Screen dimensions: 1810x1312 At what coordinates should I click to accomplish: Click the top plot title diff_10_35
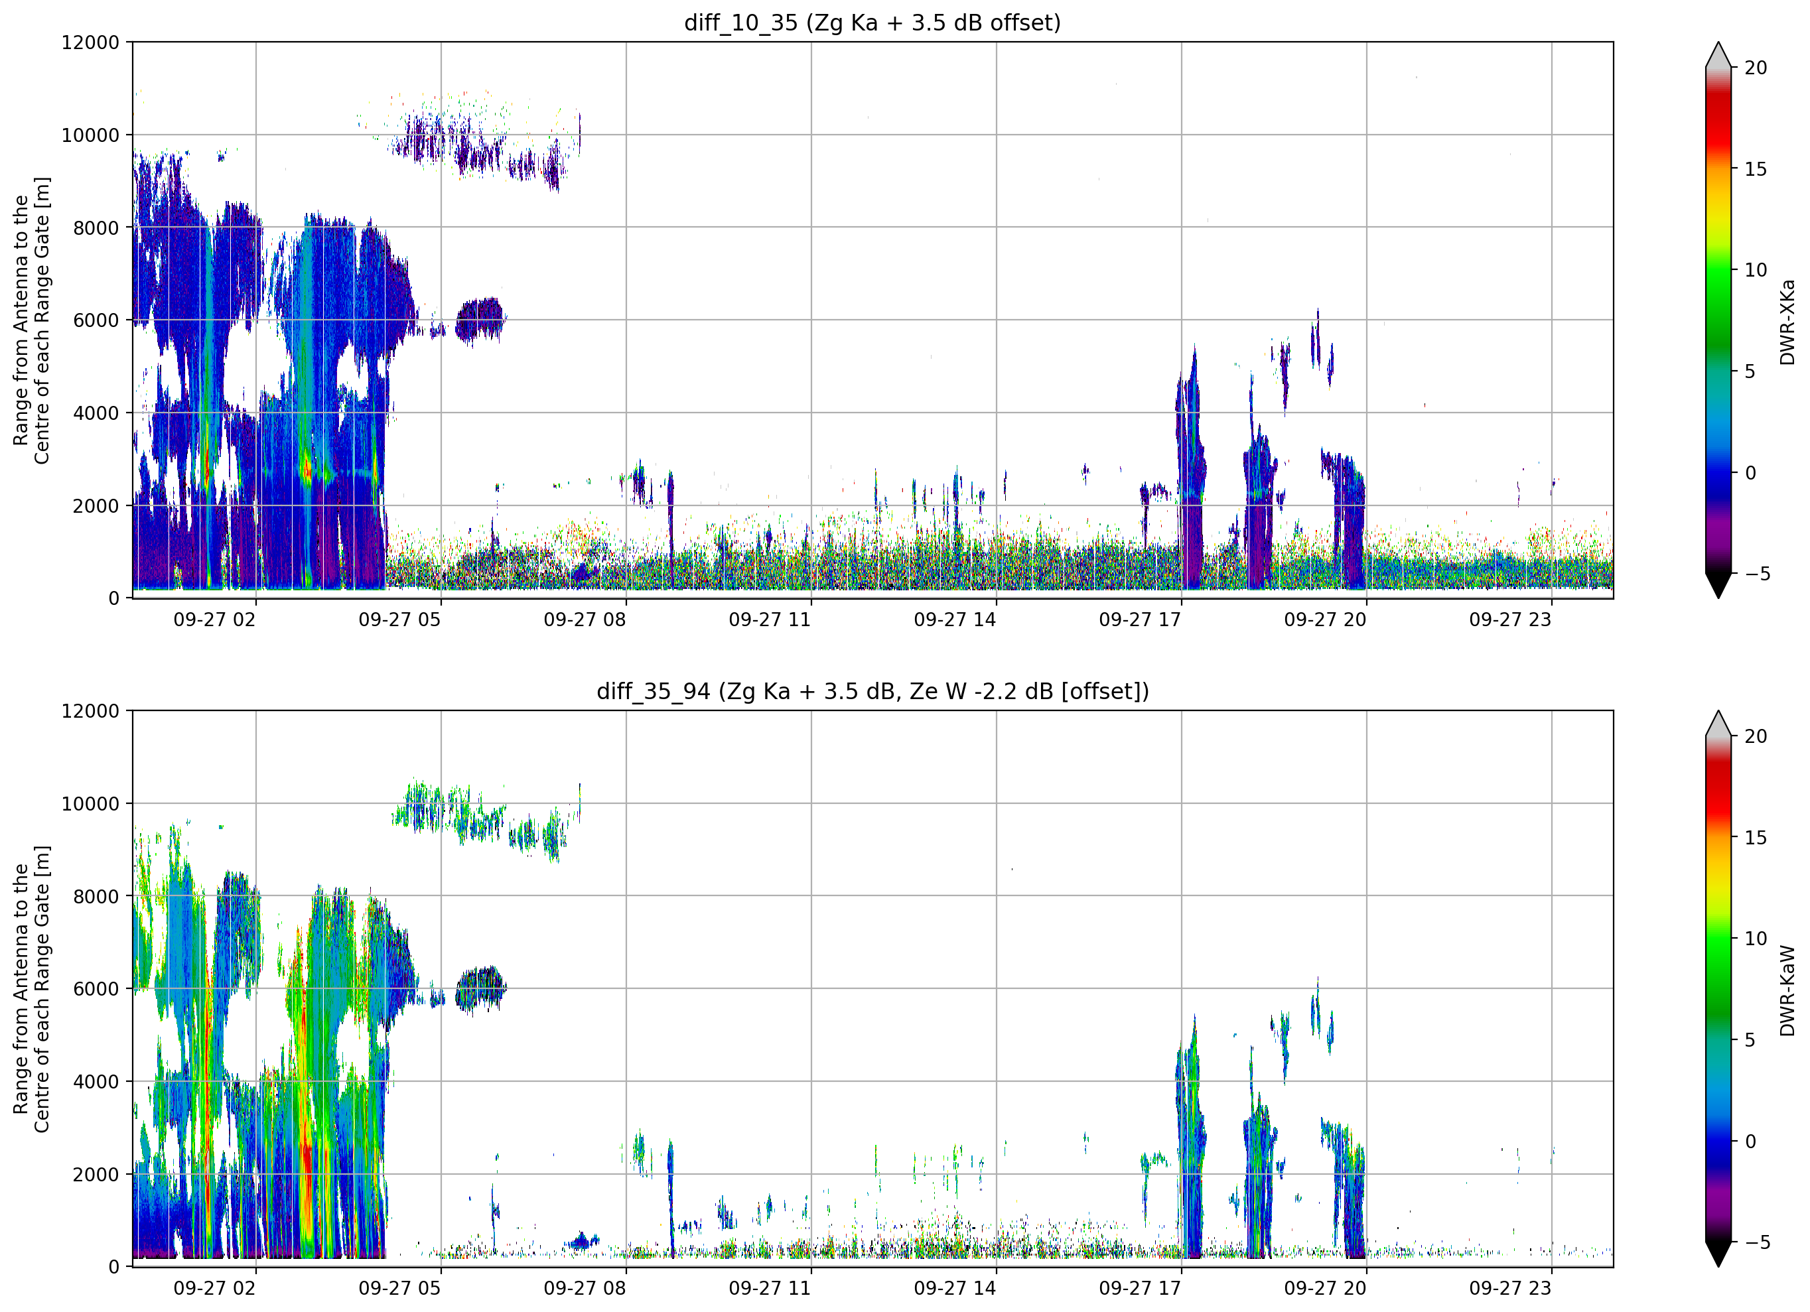740,23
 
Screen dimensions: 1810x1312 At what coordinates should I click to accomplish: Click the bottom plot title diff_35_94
654,691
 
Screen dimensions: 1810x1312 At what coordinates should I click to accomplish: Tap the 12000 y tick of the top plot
90,42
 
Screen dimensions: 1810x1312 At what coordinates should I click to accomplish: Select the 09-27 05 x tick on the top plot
400,620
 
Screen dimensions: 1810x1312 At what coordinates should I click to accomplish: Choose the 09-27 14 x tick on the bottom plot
955,1289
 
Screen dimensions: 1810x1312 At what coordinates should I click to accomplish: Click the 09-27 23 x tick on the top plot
1511,620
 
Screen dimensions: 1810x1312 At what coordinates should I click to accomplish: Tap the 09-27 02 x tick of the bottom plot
215,1289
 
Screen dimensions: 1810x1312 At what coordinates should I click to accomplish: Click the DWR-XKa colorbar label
1787,322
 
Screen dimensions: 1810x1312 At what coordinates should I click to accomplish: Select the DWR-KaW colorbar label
1787,990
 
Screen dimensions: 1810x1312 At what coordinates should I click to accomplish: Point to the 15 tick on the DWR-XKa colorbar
1755,169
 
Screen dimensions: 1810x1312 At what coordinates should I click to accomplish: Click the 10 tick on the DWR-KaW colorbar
1755,939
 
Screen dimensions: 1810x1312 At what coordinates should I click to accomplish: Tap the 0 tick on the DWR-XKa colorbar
1750,473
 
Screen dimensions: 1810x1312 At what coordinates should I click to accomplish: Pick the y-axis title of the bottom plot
32,990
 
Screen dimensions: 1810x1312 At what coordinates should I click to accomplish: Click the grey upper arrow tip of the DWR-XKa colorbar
1718,43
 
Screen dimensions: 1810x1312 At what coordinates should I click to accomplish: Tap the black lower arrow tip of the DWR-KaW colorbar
1718,1266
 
